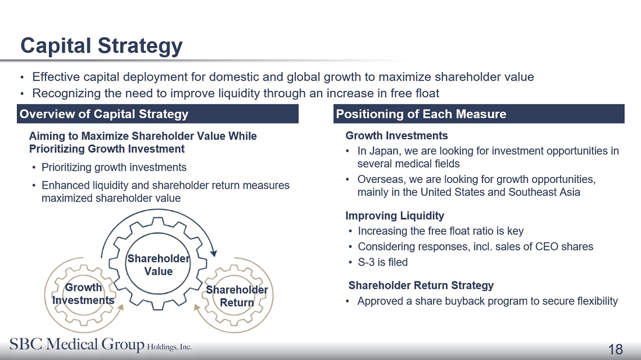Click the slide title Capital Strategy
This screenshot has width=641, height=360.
(101, 46)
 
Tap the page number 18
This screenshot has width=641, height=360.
(615, 350)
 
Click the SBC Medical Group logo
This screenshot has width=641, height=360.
(101, 344)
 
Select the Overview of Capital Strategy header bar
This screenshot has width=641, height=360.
(158, 114)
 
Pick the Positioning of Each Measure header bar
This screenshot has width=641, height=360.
(478, 114)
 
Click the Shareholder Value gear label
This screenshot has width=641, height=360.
(158, 265)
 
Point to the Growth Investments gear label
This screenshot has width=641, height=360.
(83, 294)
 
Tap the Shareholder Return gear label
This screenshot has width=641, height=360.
(237, 297)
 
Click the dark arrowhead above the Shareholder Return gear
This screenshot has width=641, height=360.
(213, 253)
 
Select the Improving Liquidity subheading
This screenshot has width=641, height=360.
(395, 216)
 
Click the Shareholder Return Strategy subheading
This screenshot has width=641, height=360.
(421, 285)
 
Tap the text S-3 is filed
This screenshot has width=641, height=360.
(383, 262)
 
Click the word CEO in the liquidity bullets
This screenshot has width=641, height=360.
(547, 247)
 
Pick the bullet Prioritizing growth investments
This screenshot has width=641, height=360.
(114, 168)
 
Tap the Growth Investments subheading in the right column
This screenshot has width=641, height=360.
(396, 136)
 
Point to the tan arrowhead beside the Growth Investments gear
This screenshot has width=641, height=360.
(120, 308)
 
